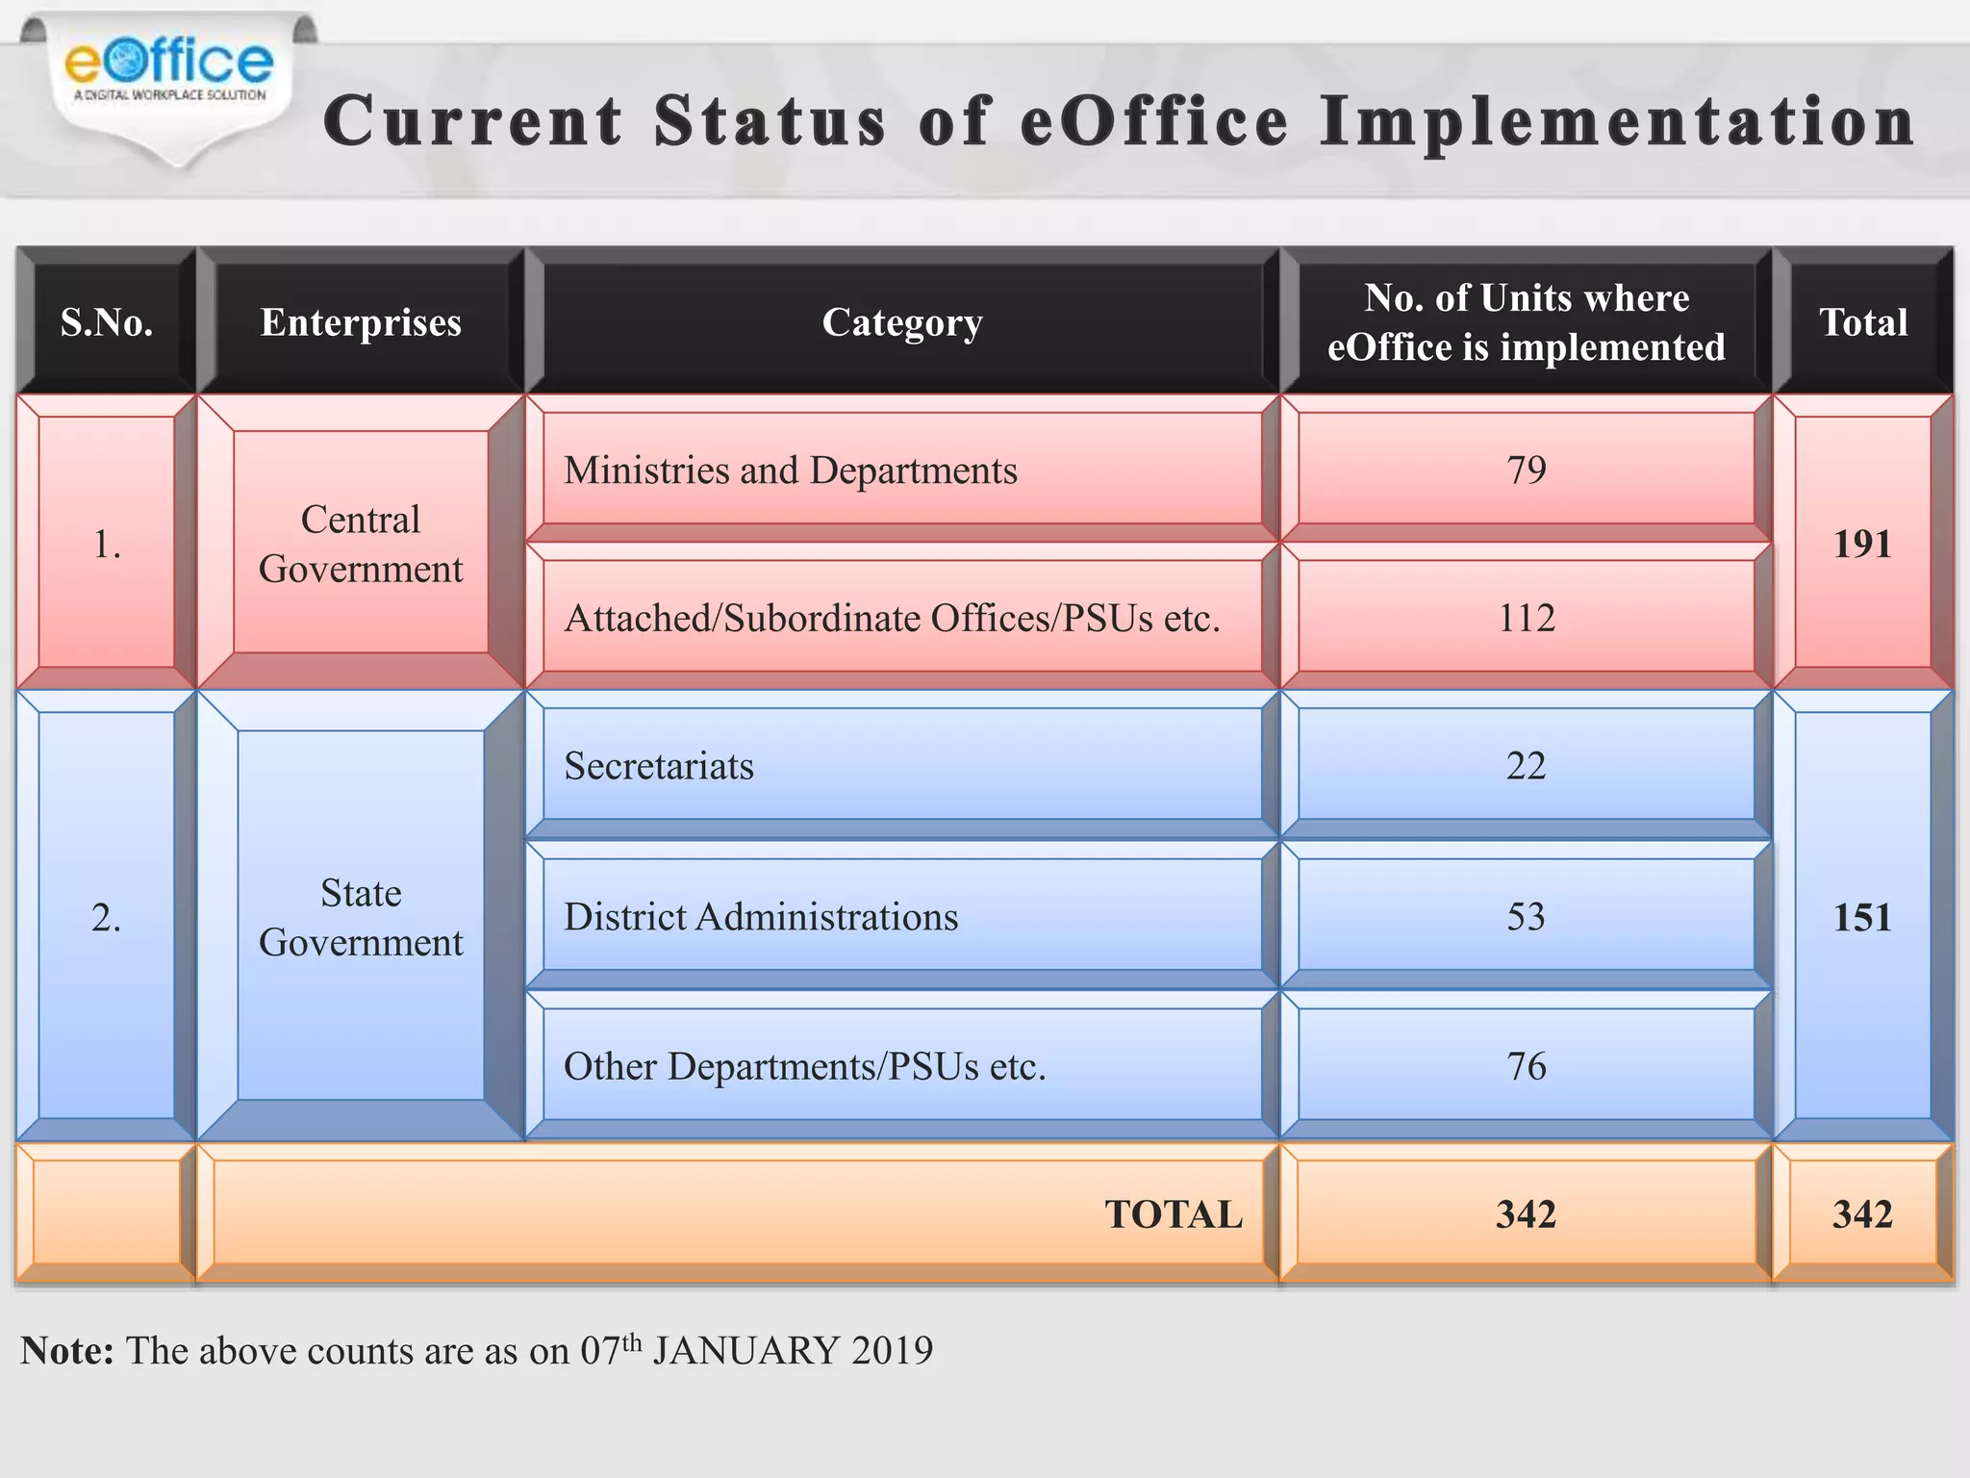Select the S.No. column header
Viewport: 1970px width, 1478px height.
(107, 322)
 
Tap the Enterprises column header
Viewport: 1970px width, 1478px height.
(361, 322)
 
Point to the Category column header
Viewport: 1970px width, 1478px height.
(902, 322)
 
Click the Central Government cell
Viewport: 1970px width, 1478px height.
(361, 544)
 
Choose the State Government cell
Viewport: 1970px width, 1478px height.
(361, 917)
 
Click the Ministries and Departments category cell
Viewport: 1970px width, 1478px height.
(790, 471)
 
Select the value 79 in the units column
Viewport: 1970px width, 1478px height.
(1526, 471)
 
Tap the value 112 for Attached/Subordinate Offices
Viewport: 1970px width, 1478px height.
(1526, 618)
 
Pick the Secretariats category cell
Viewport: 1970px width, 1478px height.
(659, 766)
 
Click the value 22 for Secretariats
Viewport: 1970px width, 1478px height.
(1526, 766)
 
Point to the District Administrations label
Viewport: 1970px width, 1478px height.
(761, 917)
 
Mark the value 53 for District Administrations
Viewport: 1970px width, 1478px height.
(1526, 917)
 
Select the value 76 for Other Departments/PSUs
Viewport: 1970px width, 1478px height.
(1526, 1066)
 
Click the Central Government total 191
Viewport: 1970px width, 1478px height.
(1862, 545)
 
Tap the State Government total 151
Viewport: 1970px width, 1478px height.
(1862, 917)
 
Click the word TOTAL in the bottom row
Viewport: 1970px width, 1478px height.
(1174, 1214)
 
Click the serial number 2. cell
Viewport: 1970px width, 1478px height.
(107, 917)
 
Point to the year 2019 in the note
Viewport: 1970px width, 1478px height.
(892, 1351)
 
